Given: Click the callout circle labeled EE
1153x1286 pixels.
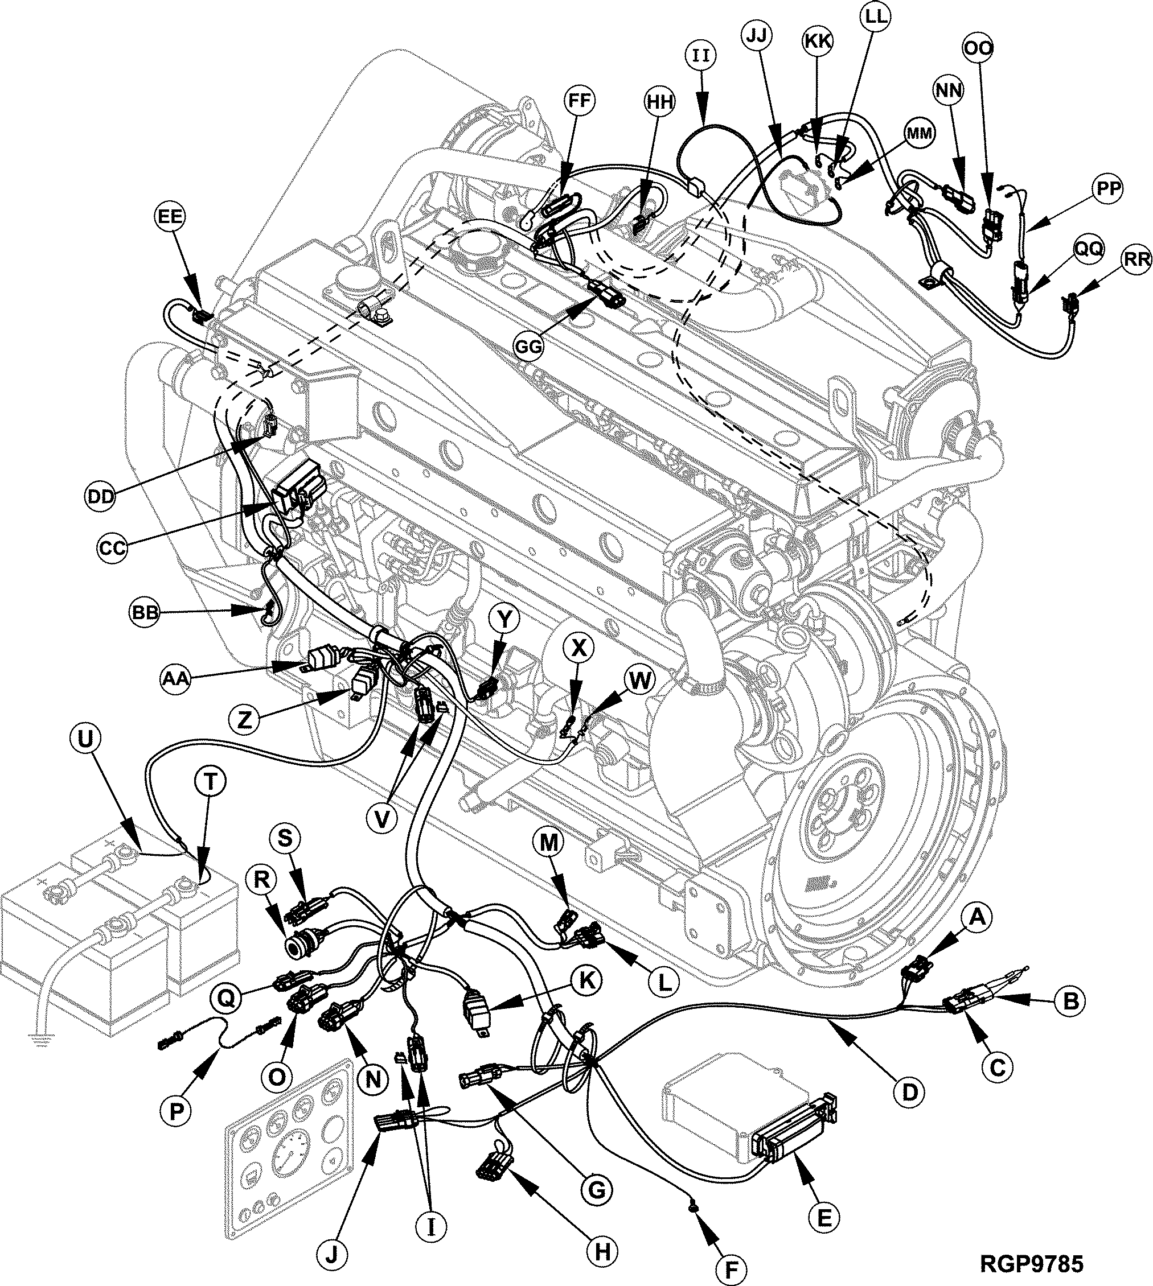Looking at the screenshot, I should pos(170,217).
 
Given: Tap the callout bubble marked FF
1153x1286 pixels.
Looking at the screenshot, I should pos(578,101).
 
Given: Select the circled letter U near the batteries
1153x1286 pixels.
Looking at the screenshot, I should pos(88,738).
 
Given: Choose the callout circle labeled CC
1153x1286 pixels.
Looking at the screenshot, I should pos(113,547).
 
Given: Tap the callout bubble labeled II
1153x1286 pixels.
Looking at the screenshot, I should pos(701,56).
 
